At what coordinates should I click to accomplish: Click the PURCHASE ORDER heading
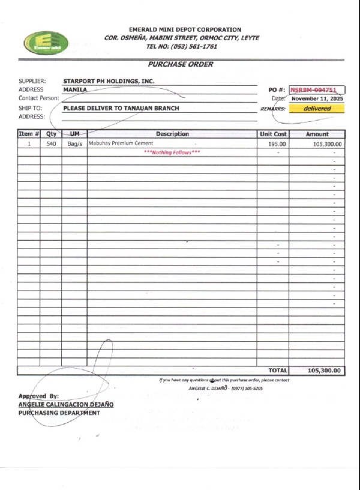[x=181, y=64]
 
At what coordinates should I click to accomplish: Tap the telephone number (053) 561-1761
[x=193, y=46]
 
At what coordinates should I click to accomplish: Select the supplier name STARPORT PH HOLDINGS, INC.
[x=109, y=80]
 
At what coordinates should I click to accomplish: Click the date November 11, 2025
[x=317, y=98]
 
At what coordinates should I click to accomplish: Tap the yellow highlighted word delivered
[x=317, y=109]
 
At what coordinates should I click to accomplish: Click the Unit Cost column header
[x=273, y=134]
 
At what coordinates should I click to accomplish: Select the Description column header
[x=172, y=134]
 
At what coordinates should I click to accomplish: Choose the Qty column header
[x=51, y=134]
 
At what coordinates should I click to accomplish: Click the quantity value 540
[x=51, y=144]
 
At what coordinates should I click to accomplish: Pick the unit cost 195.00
[x=277, y=144]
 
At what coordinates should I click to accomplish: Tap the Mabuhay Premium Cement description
[x=121, y=144]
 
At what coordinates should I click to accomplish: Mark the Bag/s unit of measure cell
[x=74, y=144]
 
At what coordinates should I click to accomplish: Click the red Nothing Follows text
[x=172, y=153]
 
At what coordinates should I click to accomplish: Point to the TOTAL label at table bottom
[x=278, y=371]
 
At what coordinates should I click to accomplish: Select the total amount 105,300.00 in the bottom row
[x=324, y=371]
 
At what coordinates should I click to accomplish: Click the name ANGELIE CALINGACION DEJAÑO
[x=66, y=405]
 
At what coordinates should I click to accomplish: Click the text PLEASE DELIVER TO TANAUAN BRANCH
[x=121, y=108]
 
